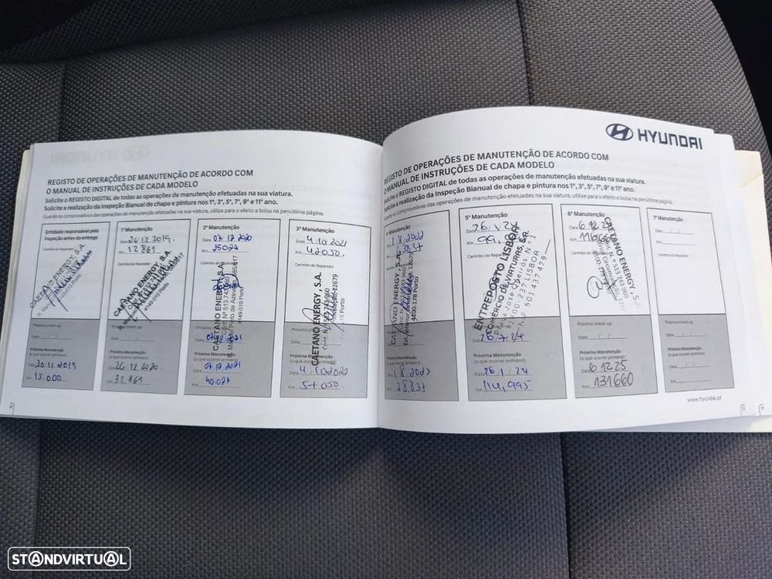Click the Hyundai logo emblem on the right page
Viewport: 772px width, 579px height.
point(618,132)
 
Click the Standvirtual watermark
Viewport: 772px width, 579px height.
point(69,558)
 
